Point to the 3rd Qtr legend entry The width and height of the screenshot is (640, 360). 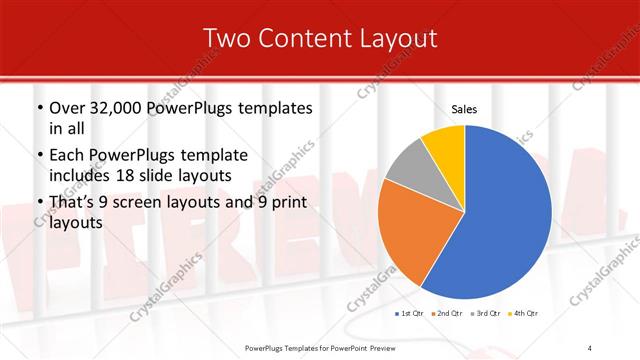[x=486, y=314]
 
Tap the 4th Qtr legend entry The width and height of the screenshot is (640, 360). [x=525, y=314]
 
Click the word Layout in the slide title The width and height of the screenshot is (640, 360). [x=393, y=39]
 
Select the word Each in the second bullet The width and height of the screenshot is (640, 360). [x=69, y=155]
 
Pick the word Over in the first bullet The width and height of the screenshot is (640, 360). [x=70, y=107]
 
